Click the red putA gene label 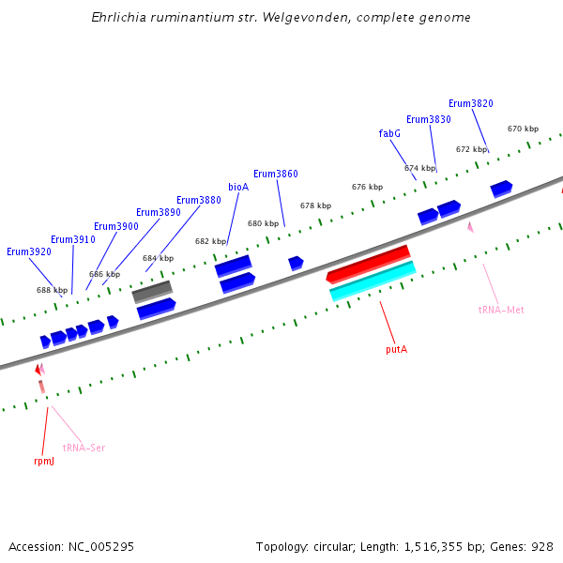click(396, 349)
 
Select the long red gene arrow click(368, 264)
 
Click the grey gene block click(152, 292)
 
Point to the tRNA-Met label click(501, 310)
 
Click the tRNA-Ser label click(84, 448)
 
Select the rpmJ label click(44, 461)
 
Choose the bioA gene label click(238, 187)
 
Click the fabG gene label click(389, 133)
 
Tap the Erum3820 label click(470, 103)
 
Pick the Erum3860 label click(276, 174)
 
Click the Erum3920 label click(29, 251)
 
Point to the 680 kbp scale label click(263, 223)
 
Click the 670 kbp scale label click(523, 129)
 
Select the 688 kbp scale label click(52, 290)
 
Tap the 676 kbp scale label click(367, 187)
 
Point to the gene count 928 click(542, 546)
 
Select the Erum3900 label click(116, 226)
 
